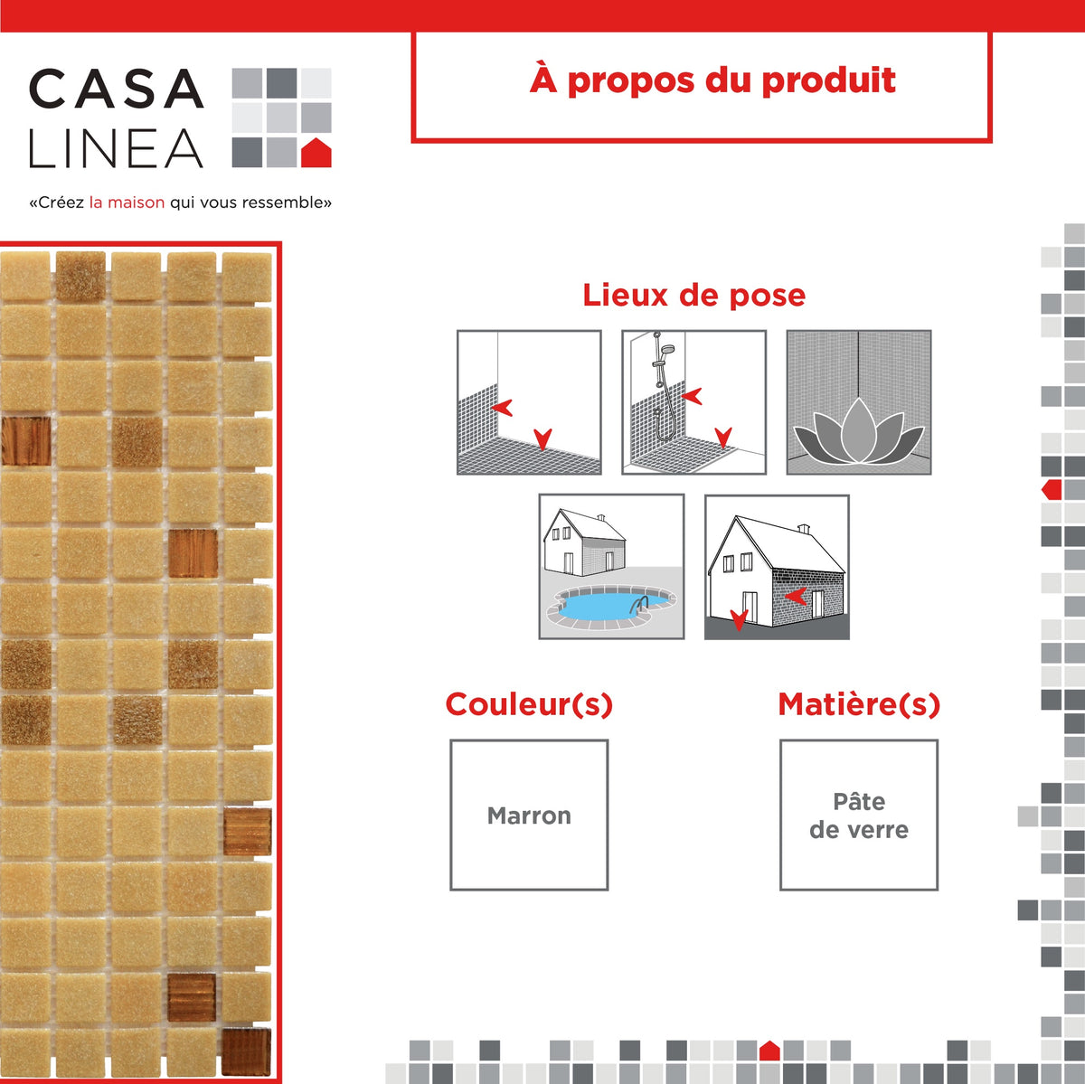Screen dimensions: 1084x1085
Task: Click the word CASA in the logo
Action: pyautogui.click(x=116, y=89)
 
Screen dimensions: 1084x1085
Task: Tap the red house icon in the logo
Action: pyautogui.click(x=316, y=154)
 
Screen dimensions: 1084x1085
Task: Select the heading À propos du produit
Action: pyautogui.click(x=712, y=80)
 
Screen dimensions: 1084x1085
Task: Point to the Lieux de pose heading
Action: pyautogui.click(x=693, y=295)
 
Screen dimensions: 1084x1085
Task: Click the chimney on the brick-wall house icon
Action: pyautogui.click(x=804, y=529)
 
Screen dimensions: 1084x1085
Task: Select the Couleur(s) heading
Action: pyautogui.click(x=529, y=704)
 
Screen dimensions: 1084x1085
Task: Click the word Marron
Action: pyautogui.click(x=529, y=815)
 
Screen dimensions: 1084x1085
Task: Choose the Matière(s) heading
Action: pyautogui.click(x=859, y=704)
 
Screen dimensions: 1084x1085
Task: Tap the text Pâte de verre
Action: pyautogui.click(x=859, y=815)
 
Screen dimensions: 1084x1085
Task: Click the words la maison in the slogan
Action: pyautogui.click(x=127, y=203)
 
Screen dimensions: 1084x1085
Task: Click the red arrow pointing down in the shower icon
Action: pyautogui.click(x=723, y=438)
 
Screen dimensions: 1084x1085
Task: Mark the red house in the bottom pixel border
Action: pyautogui.click(x=769, y=1051)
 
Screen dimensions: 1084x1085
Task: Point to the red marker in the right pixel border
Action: pyautogui.click(x=1052, y=490)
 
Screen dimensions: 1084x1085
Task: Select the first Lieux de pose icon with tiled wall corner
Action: pyautogui.click(x=529, y=402)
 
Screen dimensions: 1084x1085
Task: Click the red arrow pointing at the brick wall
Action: pyautogui.click(x=796, y=595)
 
